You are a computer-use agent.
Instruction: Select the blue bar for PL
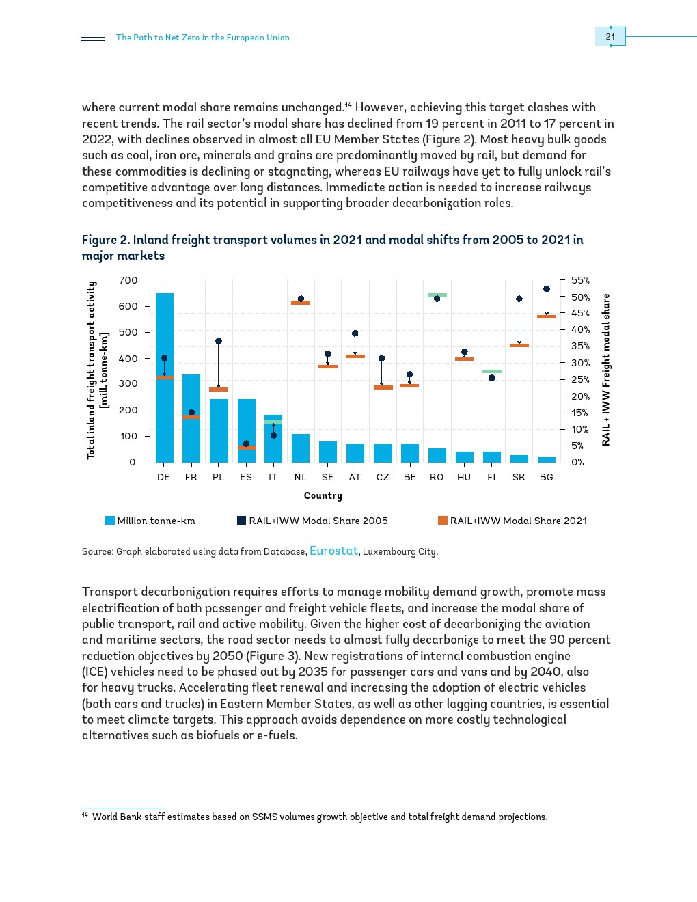[219, 430]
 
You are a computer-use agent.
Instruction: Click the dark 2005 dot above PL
[219, 341]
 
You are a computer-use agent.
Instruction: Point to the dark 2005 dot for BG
[547, 289]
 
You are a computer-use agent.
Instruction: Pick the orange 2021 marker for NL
[301, 303]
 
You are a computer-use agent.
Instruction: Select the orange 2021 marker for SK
[519, 345]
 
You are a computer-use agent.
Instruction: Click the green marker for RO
[437, 295]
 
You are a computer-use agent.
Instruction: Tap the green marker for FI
[492, 371]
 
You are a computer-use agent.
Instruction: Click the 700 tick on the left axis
[128, 280]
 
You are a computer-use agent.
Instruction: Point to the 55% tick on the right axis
[580, 280]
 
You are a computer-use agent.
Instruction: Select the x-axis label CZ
[383, 477]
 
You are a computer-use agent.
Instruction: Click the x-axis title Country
[323, 495]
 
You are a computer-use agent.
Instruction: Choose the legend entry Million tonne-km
[150, 521]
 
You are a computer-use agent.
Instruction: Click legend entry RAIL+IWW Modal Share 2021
[512, 521]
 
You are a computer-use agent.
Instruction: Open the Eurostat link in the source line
[333, 551]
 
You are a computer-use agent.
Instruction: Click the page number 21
[610, 37]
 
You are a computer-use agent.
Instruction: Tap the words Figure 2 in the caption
[105, 240]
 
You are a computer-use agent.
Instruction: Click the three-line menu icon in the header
[93, 37]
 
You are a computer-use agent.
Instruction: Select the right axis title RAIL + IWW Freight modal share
[605, 369]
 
